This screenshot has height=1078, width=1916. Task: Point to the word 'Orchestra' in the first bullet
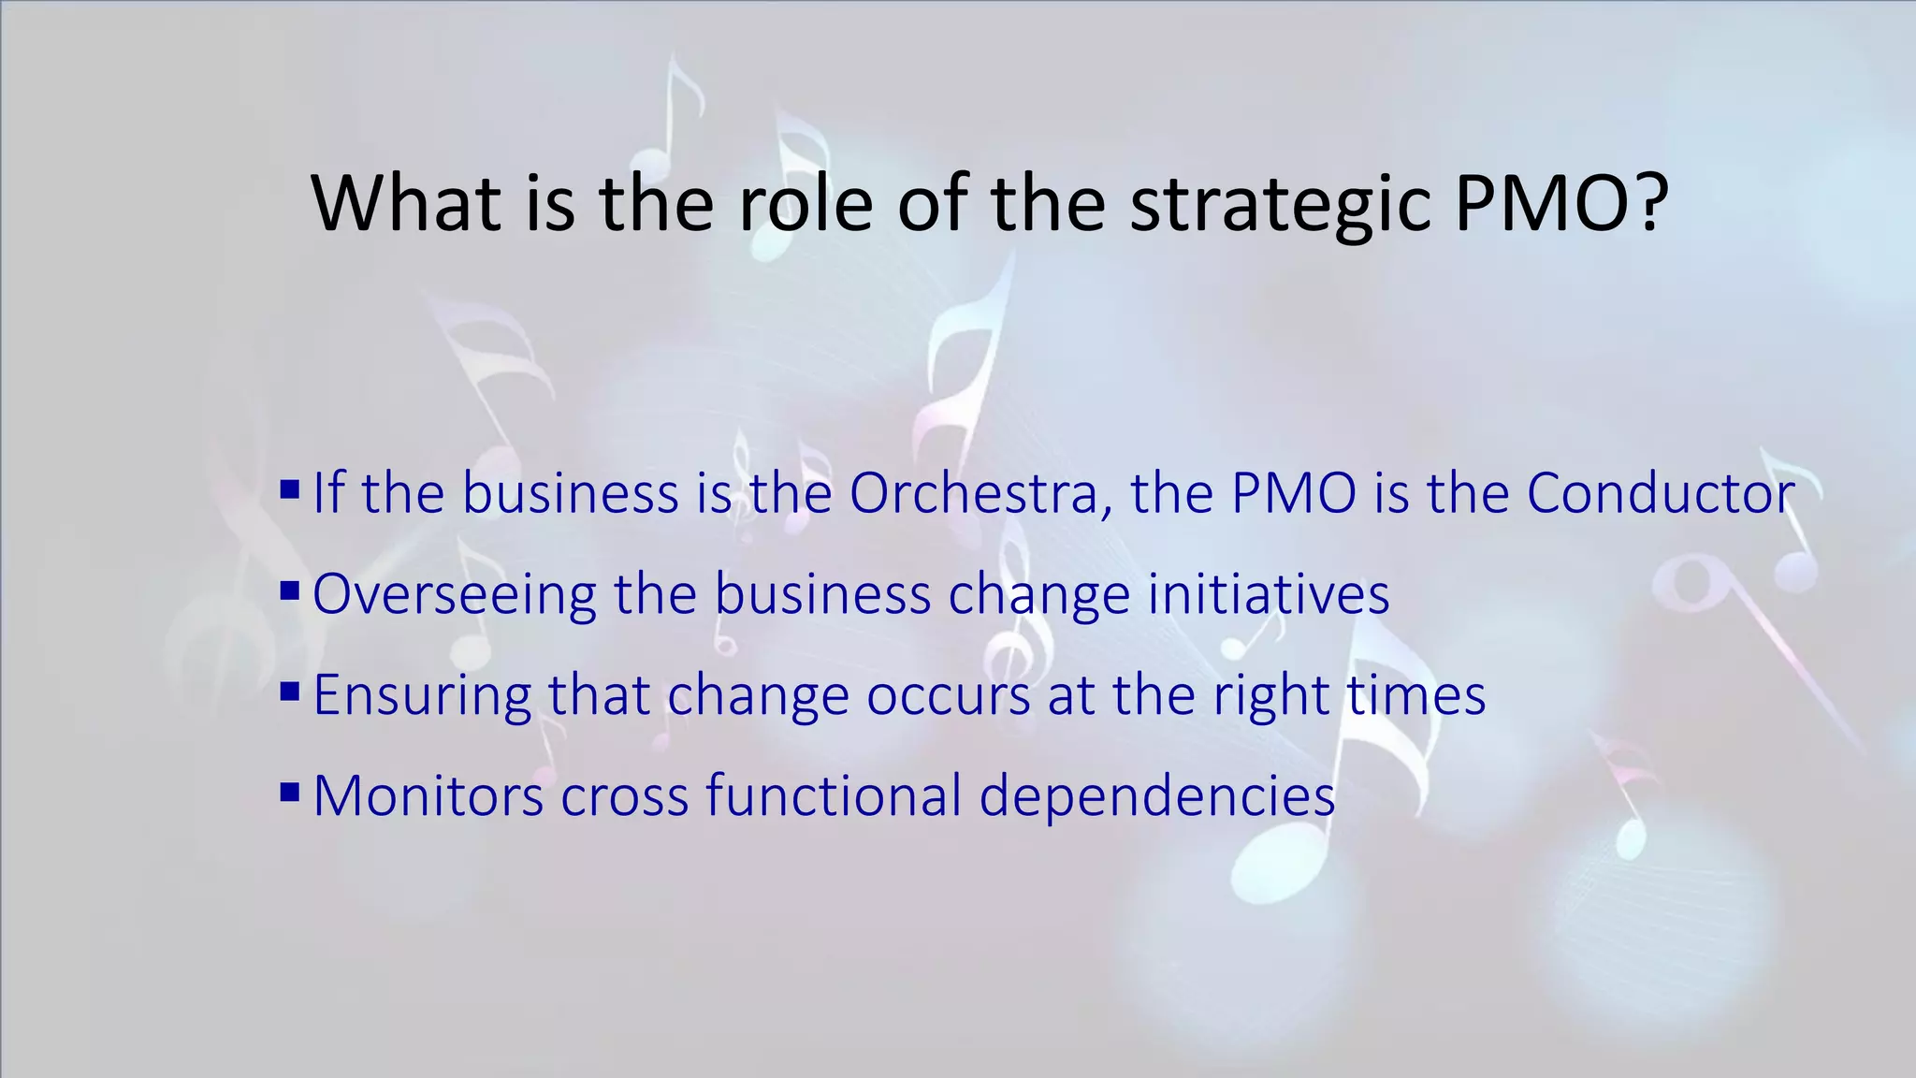(x=974, y=493)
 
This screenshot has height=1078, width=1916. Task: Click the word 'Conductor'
(x=1661, y=493)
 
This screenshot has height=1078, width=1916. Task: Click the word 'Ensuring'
(x=422, y=695)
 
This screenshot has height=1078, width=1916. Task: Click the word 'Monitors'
(x=428, y=796)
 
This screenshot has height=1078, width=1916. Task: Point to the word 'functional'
(x=834, y=796)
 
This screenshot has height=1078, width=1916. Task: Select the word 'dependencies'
(x=1157, y=796)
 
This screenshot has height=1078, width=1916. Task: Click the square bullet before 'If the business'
(x=290, y=488)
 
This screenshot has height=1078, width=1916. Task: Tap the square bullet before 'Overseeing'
(x=290, y=590)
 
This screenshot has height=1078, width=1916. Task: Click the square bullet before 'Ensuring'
(x=290, y=692)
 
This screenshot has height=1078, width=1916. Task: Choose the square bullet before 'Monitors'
(x=290, y=793)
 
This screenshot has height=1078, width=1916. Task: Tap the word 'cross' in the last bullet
(x=624, y=796)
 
